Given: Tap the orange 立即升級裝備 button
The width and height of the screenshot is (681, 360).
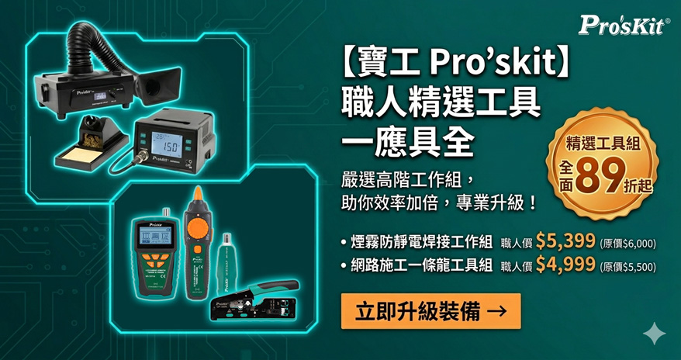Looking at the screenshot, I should [x=430, y=310].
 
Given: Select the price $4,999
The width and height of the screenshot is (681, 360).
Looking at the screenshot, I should [x=565, y=265].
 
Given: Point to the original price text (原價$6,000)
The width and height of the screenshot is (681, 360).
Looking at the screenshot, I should [x=627, y=243].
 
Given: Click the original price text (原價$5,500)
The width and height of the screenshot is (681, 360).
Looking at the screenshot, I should [x=627, y=267].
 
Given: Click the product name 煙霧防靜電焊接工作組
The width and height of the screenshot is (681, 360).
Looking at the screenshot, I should [x=422, y=241].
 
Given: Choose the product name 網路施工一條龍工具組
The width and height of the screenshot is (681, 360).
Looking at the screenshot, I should [x=422, y=265].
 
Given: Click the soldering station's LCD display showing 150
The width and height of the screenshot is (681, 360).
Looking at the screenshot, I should [x=165, y=144].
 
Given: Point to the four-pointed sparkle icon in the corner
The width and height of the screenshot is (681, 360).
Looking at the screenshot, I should [x=655, y=334].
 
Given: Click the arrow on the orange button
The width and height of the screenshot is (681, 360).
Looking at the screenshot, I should [x=497, y=311].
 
